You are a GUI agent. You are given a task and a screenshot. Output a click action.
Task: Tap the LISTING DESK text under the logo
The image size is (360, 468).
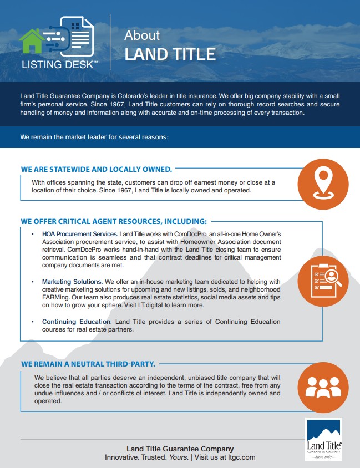pos(59,64)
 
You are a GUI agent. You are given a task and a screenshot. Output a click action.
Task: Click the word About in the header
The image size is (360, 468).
pos(142,35)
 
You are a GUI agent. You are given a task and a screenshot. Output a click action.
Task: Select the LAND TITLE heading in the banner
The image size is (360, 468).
pos(170,54)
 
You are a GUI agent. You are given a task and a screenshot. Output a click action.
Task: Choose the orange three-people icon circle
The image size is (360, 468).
pos(323,388)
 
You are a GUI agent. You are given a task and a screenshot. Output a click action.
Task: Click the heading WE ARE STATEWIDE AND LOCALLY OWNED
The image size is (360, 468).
pos(97,169)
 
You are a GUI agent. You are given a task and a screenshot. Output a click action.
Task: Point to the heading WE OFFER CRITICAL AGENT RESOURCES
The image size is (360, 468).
pos(114,221)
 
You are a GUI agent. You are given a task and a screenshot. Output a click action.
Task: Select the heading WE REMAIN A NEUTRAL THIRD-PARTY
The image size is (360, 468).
pos(88,364)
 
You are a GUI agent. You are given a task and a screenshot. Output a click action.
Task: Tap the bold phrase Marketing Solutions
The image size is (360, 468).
pos(72,282)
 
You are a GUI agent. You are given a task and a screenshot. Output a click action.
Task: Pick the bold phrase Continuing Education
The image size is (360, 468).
pos(77,322)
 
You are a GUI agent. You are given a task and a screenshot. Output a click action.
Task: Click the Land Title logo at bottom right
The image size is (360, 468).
pos(324,440)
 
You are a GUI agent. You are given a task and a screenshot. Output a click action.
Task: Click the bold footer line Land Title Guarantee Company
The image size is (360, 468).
pos(180,449)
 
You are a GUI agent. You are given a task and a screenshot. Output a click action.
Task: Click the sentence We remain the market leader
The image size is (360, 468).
pos(94,136)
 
